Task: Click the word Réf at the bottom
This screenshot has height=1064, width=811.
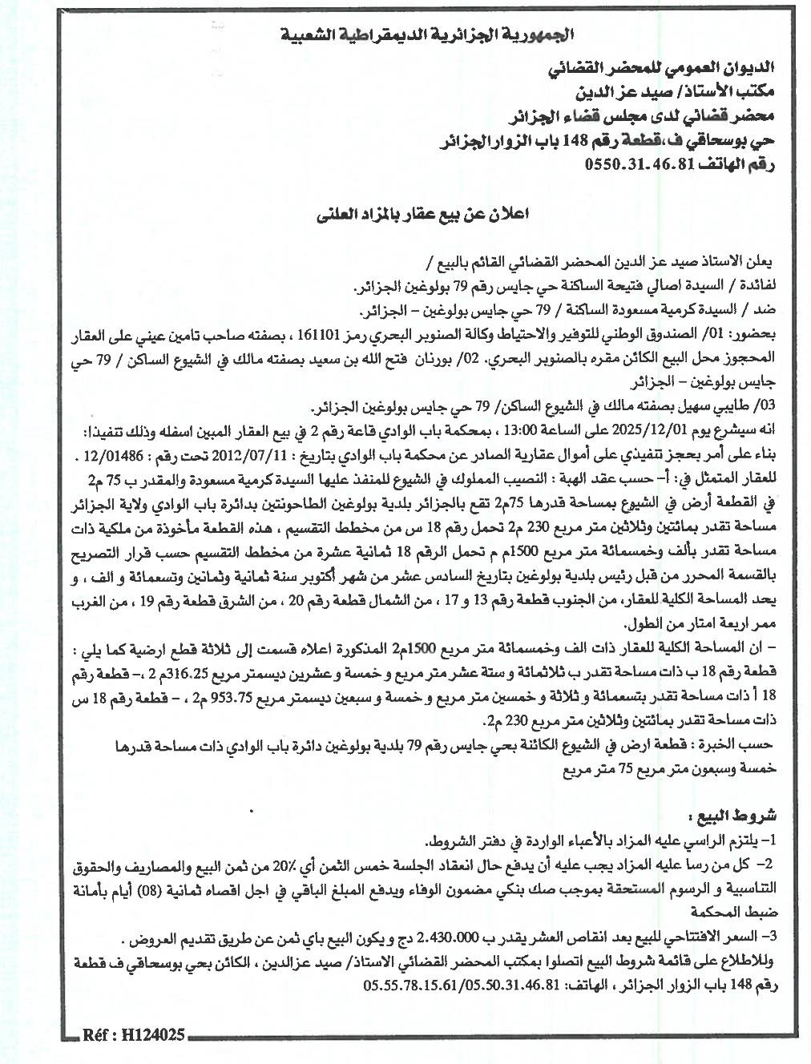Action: coord(95,1036)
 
